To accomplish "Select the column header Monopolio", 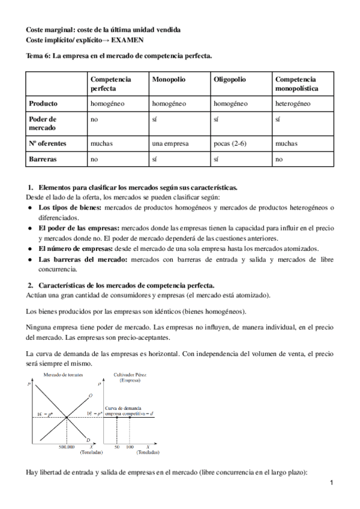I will [x=169, y=79].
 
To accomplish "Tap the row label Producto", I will [x=44, y=103].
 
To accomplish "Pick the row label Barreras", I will [x=44, y=160].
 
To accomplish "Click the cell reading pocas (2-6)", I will [x=233, y=144].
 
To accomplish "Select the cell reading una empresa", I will [x=170, y=144].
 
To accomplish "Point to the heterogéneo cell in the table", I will [x=293, y=103].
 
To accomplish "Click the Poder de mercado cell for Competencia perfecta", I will [x=94, y=119].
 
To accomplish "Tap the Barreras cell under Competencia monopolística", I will [x=279, y=160].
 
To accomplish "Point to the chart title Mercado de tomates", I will [x=63, y=375].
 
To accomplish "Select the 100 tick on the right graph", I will [x=129, y=447].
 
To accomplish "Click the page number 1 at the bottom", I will [x=331, y=482].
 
